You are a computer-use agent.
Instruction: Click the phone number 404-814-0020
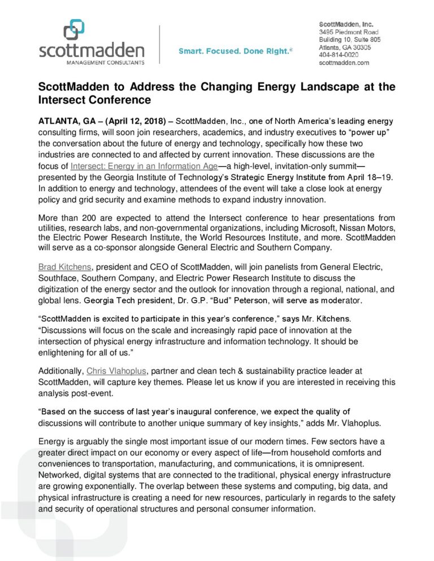click(338, 55)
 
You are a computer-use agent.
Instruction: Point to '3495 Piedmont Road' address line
click(348, 32)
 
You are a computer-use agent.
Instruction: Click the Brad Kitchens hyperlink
click(63, 266)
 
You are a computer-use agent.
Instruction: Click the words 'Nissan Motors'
click(368, 229)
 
